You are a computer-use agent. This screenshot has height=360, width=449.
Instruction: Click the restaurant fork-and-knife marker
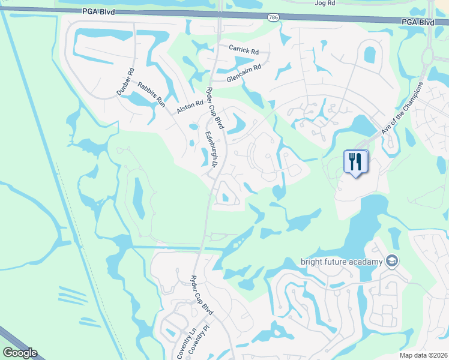355,161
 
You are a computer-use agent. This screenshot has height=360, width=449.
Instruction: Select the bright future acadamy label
341,262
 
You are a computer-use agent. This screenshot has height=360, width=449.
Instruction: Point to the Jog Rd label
324,3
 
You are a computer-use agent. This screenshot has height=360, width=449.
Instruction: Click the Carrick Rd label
243,50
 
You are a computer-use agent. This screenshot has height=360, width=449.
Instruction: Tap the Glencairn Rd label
244,73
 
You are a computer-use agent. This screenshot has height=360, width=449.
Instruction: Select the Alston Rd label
190,107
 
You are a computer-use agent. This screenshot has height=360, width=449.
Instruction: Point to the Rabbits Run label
151,94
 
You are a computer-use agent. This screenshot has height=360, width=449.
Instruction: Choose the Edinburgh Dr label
214,149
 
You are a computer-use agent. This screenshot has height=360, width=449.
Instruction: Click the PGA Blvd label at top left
100,12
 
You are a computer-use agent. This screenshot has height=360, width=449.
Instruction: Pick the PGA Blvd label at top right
418,22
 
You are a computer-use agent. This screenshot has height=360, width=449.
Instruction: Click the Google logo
19,353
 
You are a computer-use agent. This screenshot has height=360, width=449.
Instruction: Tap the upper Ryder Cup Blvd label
215,108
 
